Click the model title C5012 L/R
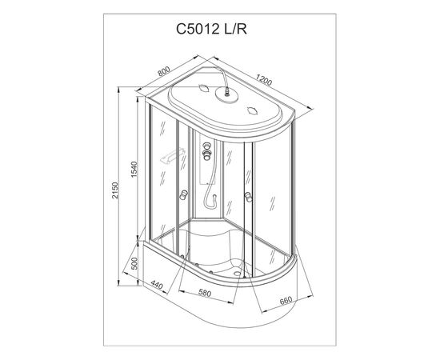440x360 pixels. pos(211,29)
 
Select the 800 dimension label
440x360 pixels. pos(163,71)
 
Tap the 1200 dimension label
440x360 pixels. pos(264,80)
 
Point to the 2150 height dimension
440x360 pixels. pos(115,190)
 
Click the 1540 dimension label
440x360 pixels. pos(135,169)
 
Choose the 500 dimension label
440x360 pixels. pos(135,263)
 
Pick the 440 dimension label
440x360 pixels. pos(157,285)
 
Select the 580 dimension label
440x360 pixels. pos(205,294)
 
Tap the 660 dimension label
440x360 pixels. pos(286,301)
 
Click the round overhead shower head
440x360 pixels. pos(226,93)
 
